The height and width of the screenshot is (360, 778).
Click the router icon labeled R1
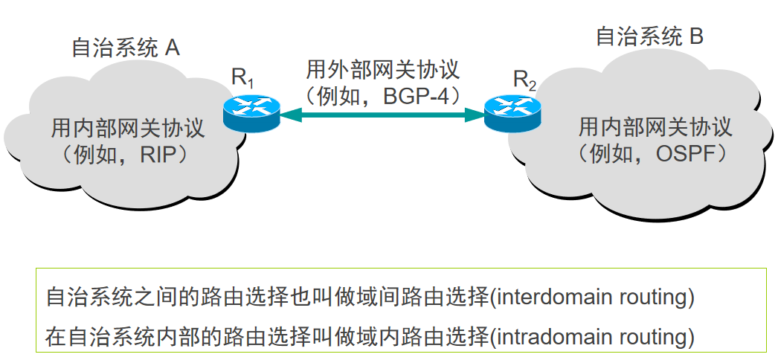click(251, 112)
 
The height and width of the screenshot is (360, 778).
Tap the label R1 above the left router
click(243, 77)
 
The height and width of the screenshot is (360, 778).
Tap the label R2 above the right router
click(524, 80)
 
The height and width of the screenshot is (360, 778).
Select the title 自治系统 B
click(649, 36)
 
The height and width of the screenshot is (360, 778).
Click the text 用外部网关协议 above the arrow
click(382, 71)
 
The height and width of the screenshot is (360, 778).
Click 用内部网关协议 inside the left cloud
click(127, 128)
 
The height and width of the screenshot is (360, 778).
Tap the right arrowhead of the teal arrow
click(476, 114)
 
